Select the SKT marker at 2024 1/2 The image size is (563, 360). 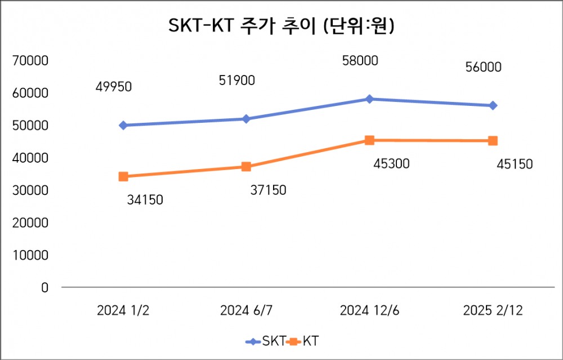click(123, 125)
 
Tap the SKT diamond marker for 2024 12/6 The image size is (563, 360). click(369, 99)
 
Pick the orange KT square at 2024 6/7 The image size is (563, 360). click(246, 167)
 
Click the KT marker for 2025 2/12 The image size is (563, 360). click(493, 141)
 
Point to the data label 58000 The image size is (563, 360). click(360, 61)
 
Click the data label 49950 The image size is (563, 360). click(113, 87)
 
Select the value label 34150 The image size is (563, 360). click(145, 199)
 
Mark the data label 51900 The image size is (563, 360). click(236, 81)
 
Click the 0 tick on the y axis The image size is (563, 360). click(45, 287)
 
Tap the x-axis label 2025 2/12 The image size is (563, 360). click(493, 310)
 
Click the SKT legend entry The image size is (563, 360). click(265, 341)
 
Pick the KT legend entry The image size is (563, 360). click(307, 341)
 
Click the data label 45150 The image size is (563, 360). click(515, 165)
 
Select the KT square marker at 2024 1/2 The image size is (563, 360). click(123, 176)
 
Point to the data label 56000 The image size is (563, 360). click(483, 68)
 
